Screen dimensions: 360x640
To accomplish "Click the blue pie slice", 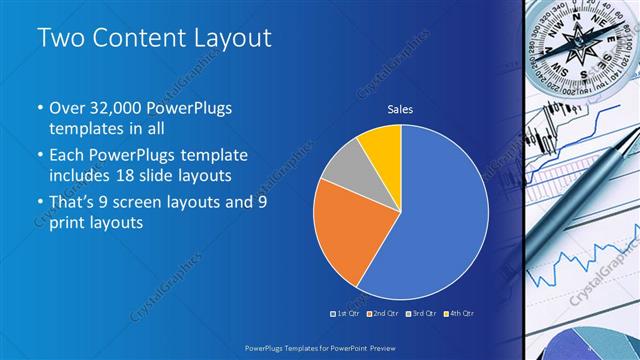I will click(440, 220).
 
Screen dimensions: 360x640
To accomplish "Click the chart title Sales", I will click(400, 110).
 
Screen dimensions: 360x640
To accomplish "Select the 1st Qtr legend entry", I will click(345, 313).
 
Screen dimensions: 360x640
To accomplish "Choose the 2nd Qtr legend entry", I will click(382, 313).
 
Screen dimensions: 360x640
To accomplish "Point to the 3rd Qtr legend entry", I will click(419, 313).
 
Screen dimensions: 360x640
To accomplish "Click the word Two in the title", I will click(59, 39).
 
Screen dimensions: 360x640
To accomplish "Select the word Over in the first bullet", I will click(68, 109).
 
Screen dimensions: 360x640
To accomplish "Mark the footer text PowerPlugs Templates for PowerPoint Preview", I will click(319, 346).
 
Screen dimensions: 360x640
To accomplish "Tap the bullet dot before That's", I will click(39, 203).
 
